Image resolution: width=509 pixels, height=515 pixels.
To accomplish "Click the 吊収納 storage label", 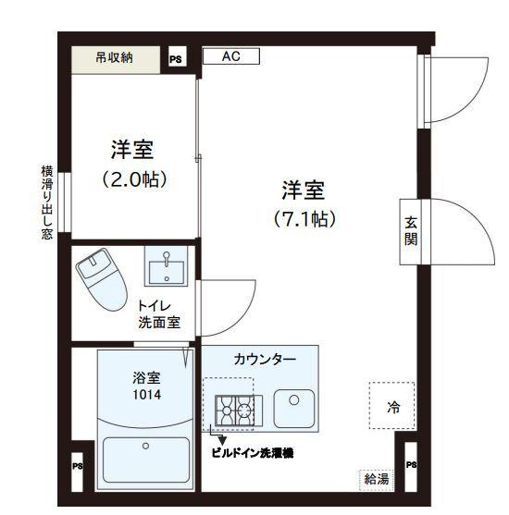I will pos(116,58).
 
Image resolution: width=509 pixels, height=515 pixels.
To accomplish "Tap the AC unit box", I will pos(230,56).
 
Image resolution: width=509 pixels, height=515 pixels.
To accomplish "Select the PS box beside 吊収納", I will pos(176,59).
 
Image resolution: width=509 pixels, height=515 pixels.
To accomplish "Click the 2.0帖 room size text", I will pos(133,179).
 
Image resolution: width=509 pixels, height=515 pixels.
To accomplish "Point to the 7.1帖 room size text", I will pos(304,220).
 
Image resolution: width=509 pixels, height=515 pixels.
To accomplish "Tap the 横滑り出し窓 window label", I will pos(45,202).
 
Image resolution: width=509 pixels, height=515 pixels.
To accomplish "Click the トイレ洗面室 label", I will pos(159,314).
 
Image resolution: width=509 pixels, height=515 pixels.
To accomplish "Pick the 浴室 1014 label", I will pos(145,386).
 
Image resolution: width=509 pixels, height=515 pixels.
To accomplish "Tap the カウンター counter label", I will pos(265,359).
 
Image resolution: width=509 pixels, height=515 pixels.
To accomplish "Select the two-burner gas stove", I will pos(235,409).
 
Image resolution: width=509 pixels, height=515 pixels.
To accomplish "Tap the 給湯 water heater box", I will pos(376,479).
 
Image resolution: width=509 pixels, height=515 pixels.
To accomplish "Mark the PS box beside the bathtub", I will pos(78,465).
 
